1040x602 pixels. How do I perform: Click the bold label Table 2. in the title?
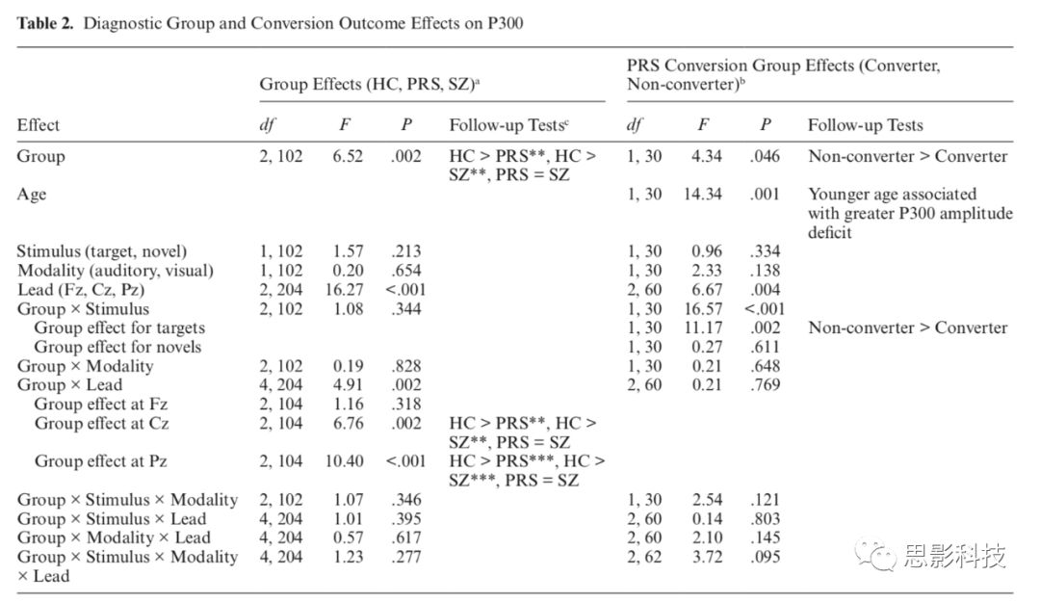pyautogui.click(x=45, y=23)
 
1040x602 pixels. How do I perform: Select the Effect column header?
pyautogui.click(x=39, y=125)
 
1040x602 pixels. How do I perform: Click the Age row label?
pyautogui.click(x=32, y=195)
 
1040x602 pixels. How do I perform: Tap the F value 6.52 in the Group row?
pyautogui.click(x=348, y=156)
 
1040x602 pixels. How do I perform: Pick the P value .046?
pyautogui.click(x=765, y=156)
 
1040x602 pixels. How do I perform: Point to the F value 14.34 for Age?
pyautogui.click(x=702, y=194)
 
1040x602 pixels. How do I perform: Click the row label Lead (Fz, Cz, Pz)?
pyautogui.click(x=81, y=290)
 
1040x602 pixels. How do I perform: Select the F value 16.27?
pyautogui.click(x=344, y=289)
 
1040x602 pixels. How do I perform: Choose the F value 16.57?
pyautogui.click(x=702, y=308)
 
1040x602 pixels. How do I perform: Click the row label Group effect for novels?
pyautogui.click(x=117, y=347)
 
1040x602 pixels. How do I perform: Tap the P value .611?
pyautogui.click(x=765, y=347)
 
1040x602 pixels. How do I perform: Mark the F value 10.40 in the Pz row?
pyautogui.click(x=344, y=460)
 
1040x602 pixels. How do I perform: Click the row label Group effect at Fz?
pyautogui.click(x=101, y=405)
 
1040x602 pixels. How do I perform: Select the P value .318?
pyautogui.click(x=406, y=404)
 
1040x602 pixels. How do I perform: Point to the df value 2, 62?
pyautogui.click(x=644, y=556)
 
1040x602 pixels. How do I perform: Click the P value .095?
pyautogui.click(x=765, y=556)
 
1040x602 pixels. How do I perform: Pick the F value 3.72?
pyautogui.click(x=707, y=556)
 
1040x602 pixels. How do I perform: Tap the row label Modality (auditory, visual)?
pyautogui.click(x=116, y=271)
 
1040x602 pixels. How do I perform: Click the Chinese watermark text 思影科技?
pyautogui.click(x=955, y=555)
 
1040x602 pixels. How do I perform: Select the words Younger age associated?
pyautogui.click(x=892, y=195)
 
